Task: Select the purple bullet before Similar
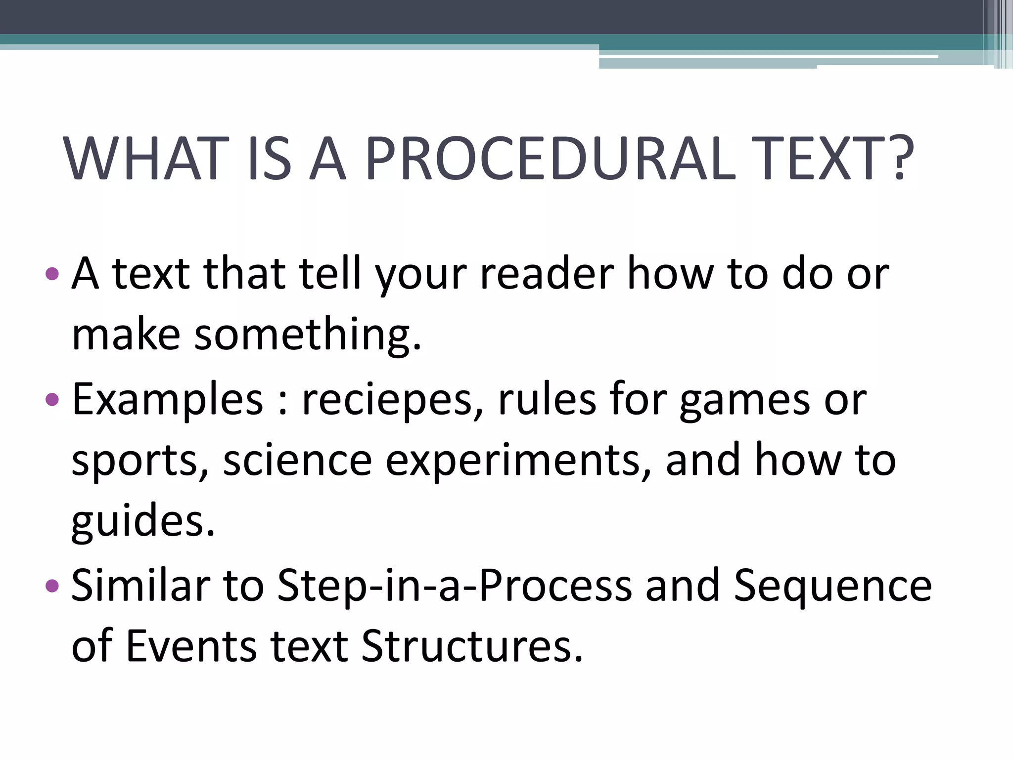[51, 586]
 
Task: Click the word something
[308, 335]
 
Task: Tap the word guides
[143, 522]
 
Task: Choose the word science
[297, 461]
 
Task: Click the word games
[745, 400]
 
